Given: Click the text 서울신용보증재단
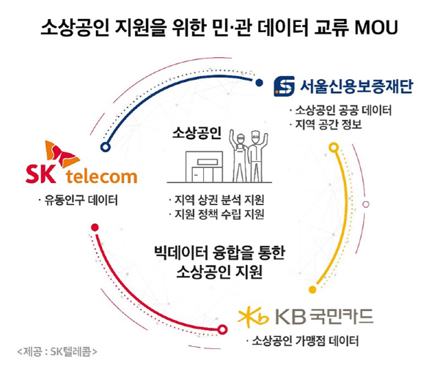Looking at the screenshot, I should point(356,86).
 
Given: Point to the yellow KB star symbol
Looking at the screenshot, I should point(254,317).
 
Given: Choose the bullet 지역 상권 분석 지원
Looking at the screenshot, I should point(216,200).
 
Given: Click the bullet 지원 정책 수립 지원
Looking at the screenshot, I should point(216,214).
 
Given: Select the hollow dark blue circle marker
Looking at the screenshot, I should point(106,147).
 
